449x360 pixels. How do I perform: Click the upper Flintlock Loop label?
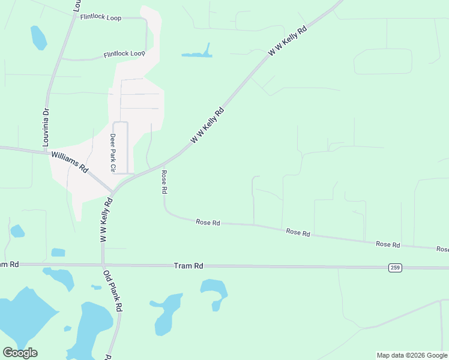pyautogui.click(x=100, y=18)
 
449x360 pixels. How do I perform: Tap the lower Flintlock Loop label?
pyautogui.click(x=124, y=54)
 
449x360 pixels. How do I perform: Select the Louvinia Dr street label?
pyautogui.click(x=46, y=128)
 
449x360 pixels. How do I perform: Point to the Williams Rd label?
pyautogui.click(x=70, y=162)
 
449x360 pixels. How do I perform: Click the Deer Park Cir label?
pyautogui.click(x=112, y=152)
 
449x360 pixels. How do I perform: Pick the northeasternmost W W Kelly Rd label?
pyautogui.click(x=288, y=41)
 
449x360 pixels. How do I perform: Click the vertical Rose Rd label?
pyautogui.click(x=164, y=181)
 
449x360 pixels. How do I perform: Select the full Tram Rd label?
pyautogui.click(x=188, y=265)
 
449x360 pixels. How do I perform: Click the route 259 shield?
pyautogui.click(x=394, y=267)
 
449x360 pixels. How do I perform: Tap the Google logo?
pyautogui.click(x=20, y=353)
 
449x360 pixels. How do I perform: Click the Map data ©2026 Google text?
pyautogui.click(x=412, y=355)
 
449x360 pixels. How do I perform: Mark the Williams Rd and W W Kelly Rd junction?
pyautogui.click(x=112, y=193)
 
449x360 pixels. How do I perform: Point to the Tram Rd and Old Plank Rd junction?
pyautogui.click(x=103, y=264)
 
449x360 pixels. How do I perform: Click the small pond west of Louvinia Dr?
pyautogui.click(x=38, y=37)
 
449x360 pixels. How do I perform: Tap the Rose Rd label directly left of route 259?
pyautogui.click(x=388, y=244)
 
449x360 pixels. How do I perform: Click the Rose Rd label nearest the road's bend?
pyautogui.click(x=208, y=223)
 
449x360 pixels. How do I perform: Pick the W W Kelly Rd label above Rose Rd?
pyautogui.click(x=207, y=125)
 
